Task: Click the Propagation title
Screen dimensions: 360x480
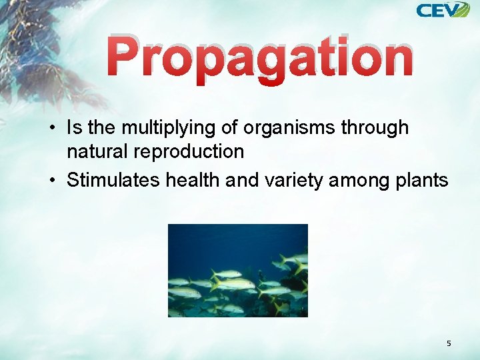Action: click(260, 58)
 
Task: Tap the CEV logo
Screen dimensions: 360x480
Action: click(443, 10)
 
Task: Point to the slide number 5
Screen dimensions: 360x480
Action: click(449, 343)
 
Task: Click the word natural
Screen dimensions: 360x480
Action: click(97, 151)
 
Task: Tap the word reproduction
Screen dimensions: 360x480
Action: click(189, 151)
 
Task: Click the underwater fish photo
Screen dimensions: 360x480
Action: click(237, 270)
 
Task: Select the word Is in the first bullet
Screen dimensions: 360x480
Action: click(75, 127)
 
